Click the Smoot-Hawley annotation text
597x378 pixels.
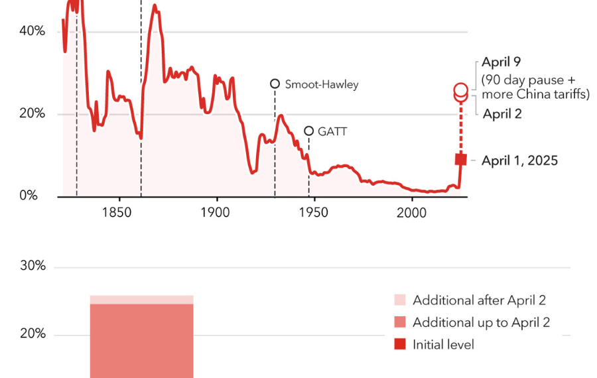(321, 84)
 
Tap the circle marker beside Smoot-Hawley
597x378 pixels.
(275, 84)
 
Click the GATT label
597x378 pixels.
(332, 131)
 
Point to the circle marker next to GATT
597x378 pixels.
(308, 131)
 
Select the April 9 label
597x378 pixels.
(501, 62)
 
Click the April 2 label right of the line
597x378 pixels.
(502, 113)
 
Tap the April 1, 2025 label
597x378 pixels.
(519, 160)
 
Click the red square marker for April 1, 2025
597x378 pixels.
(460, 159)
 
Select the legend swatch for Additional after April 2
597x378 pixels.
(399, 300)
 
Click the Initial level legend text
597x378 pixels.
(443, 344)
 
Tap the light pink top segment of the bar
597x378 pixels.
(141, 300)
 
